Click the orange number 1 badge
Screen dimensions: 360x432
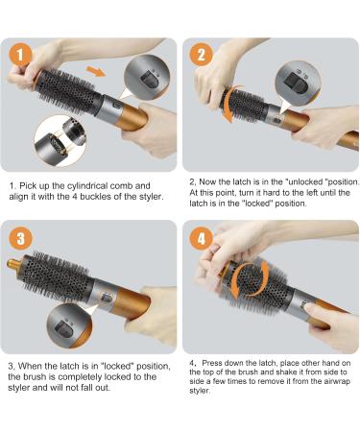coord(20,55)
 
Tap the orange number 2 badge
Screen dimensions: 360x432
coord(202,55)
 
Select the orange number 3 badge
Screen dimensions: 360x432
coord(20,238)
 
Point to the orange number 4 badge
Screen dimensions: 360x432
coord(202,238)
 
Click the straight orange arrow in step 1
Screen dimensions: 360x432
coord(96,71)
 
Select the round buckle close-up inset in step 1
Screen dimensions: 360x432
coord(60,141)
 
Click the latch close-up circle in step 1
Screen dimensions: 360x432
coord(147,77)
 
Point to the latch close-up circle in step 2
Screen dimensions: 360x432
coord(298,84)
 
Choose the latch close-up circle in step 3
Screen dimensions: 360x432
coord(69,326)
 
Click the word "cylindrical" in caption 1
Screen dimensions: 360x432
coord(87,186)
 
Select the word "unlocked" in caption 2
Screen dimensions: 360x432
coord(305,182)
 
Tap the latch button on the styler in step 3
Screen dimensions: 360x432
coord(107,299)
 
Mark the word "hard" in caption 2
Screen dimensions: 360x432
coord(271,193)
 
